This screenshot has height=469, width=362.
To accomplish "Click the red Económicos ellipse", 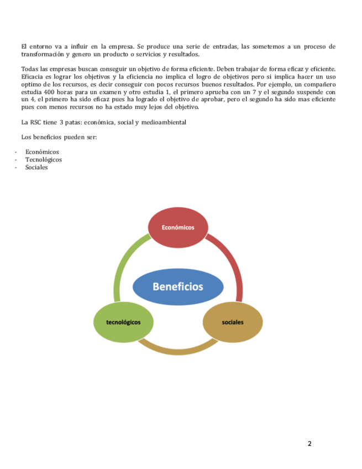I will (178, 227).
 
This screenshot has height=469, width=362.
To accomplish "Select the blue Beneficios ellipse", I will (178, 286).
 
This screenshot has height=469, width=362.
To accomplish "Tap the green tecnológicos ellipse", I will (123, 322).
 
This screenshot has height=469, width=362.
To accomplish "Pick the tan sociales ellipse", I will (233, 322).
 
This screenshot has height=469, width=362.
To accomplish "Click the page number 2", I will (309, 444).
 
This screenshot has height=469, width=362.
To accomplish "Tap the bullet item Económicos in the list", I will (42, 152).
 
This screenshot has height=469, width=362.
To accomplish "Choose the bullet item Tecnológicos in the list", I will (43, 160).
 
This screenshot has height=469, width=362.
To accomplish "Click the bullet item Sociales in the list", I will (36, 168).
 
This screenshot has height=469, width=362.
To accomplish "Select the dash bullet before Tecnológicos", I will (17, 160).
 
